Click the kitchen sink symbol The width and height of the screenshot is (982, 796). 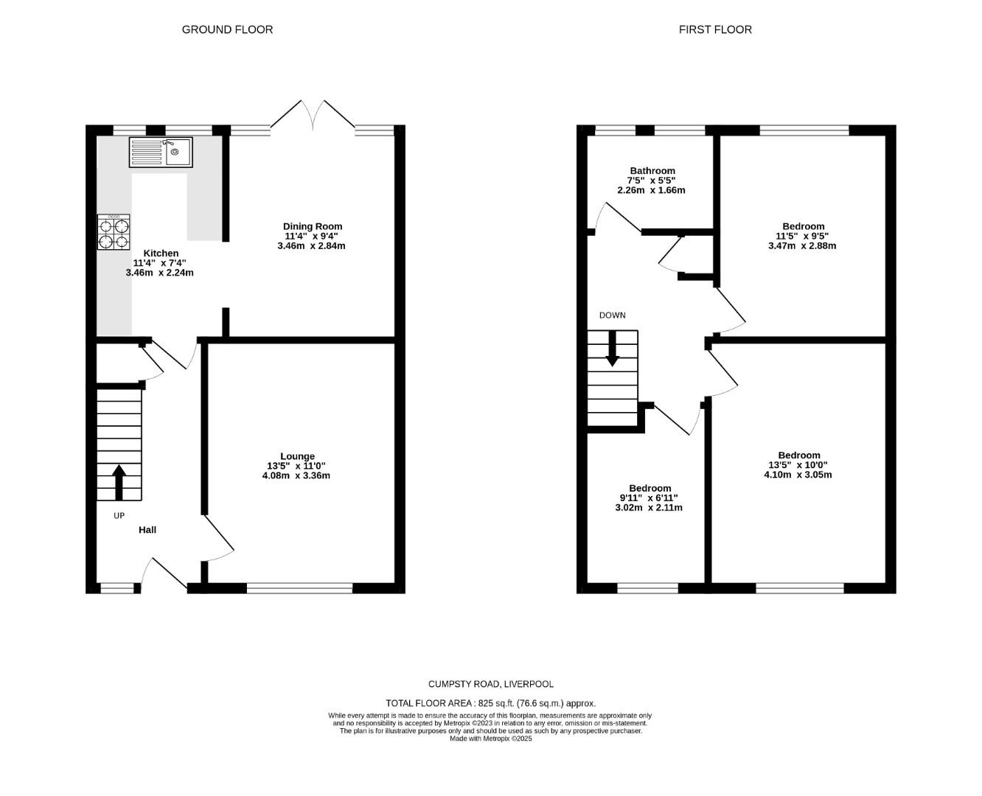click(161, 153)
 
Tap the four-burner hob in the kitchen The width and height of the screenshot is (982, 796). click(114, 232)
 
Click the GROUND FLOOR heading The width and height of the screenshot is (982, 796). click(227, 29)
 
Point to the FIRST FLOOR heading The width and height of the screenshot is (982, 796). click(715, 29)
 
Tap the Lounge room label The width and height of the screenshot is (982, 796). click(297, 456)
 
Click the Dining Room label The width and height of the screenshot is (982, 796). click(313, 226)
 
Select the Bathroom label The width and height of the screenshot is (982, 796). click(652, 170)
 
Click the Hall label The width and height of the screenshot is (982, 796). click(147, 529)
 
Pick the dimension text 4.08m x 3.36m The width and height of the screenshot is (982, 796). click(298, 475)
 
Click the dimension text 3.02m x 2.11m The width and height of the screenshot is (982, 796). click(650, 507)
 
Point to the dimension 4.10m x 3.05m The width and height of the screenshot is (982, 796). click(798, 475)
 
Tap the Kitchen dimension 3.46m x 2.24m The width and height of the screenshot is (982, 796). click(159, 272)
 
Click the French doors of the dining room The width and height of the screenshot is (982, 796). click(313, 118)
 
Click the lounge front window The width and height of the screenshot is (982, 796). click(299, 588)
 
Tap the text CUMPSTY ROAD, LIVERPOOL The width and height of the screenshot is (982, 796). click(490, 684)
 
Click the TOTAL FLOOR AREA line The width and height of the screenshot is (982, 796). click(490, 703)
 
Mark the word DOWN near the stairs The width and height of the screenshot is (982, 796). click(612, 315)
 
